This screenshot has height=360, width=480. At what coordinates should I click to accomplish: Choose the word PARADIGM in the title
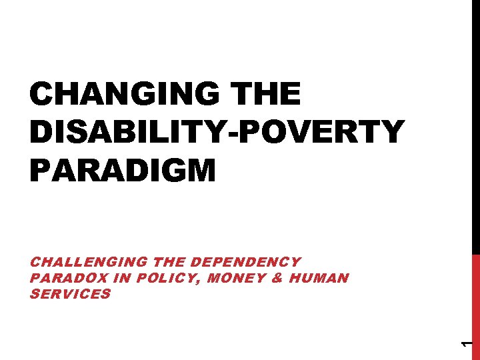point(123,171)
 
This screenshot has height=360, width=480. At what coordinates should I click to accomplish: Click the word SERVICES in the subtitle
point(70,293)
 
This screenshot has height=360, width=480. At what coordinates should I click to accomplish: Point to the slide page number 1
point(467,343)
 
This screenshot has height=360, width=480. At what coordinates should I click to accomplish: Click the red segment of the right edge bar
point(476,307)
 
